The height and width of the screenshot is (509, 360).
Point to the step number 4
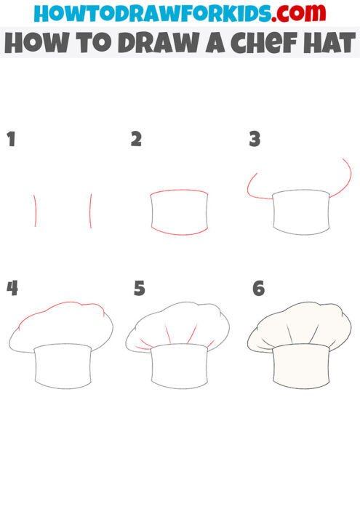[12, 288]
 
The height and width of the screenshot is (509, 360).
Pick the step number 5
[140, 289]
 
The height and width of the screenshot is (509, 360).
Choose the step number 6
[258, 289]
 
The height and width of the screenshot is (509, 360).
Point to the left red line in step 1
[35, 210]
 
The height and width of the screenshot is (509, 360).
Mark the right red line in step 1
[90, 210]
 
